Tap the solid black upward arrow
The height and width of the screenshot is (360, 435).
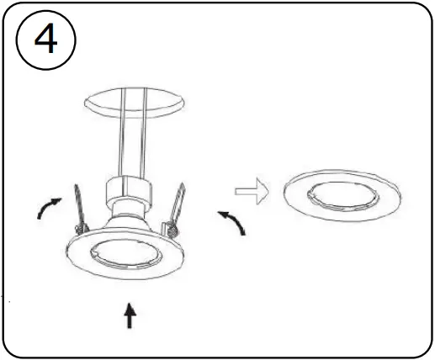point(129,316)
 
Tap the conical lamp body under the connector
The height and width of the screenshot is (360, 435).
point(129,220)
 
